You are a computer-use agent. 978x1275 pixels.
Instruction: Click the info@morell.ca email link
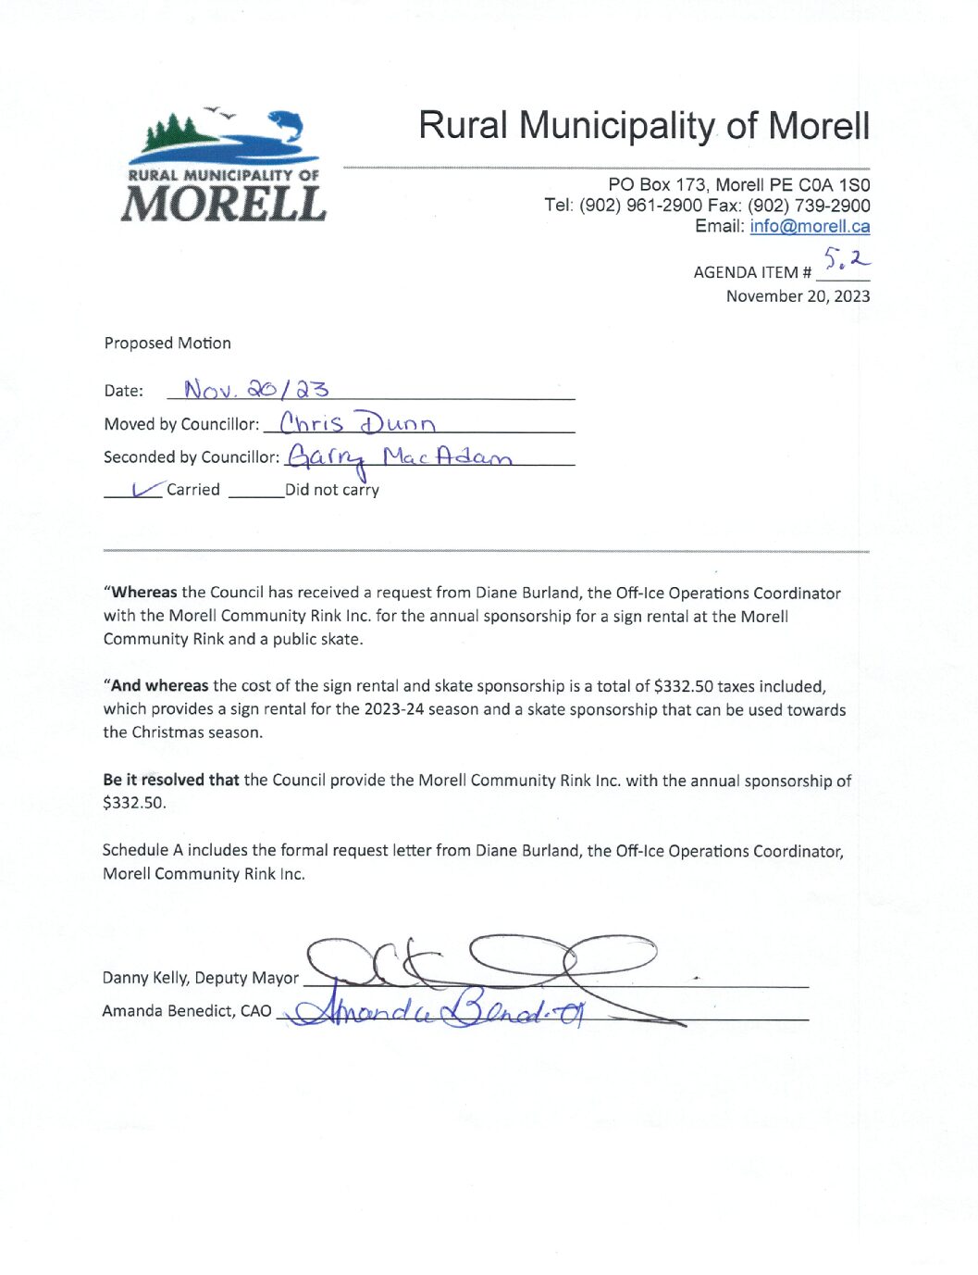[x=810, y=226]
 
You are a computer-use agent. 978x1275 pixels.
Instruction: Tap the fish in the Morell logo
[x=285, y=125]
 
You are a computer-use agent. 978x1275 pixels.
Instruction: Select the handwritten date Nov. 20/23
[x=256, y=389]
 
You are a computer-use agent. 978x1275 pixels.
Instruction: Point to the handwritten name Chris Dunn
[x=357, y=423]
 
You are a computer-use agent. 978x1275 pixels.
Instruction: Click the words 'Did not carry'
[x=331, y=490]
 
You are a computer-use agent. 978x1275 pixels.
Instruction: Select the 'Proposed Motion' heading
[x=167, y=343]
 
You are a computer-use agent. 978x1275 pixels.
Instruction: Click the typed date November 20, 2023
[x=798, y=296]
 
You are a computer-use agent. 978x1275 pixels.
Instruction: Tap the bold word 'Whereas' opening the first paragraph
[x=143, y=593]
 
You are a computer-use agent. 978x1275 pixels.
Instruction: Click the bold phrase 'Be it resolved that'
[x=171, y=780]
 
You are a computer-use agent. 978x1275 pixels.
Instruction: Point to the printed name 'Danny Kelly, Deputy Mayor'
[x=200, y=978]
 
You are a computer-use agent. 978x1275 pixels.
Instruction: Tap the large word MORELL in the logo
[x=223, y=204]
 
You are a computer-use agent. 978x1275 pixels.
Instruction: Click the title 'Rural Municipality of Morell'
[x=644, y=126]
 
